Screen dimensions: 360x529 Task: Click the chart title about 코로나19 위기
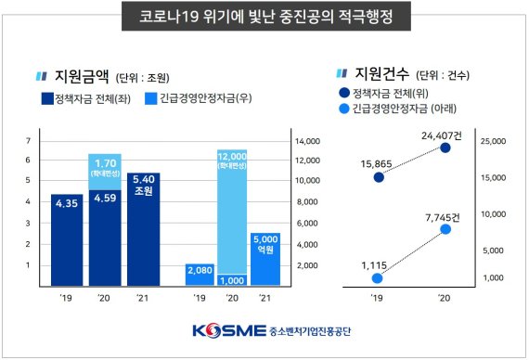(x=265, y=17)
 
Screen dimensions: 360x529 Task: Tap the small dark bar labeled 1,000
(x=232, y=278)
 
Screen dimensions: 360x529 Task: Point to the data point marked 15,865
(x=378, y=177)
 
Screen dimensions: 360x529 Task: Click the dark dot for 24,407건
(x=445, y=148)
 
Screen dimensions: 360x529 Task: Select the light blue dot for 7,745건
(x=445, y=228)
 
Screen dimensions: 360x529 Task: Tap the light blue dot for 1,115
(x=378, y=277)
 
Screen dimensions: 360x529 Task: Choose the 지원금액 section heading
(x=83, y=76)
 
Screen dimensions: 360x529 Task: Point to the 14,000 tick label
(x=308, y=141)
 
